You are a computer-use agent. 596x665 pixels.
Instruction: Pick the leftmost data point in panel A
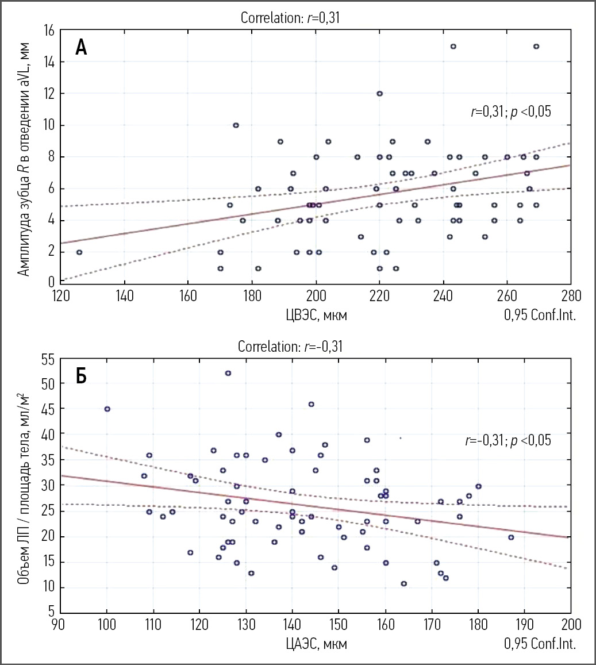79,252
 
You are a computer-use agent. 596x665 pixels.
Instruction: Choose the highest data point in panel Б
228,373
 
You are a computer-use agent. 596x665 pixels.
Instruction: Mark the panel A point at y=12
379,94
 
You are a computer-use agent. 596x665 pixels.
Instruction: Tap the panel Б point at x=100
107,409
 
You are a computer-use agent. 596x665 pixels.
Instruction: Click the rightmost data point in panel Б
510,537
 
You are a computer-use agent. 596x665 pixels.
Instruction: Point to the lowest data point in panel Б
403,583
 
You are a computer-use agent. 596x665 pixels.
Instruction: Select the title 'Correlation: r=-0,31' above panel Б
290,347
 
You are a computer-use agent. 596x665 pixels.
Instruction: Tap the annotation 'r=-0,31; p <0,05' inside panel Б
507,441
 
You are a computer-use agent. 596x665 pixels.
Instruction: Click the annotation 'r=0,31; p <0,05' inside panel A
510,112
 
